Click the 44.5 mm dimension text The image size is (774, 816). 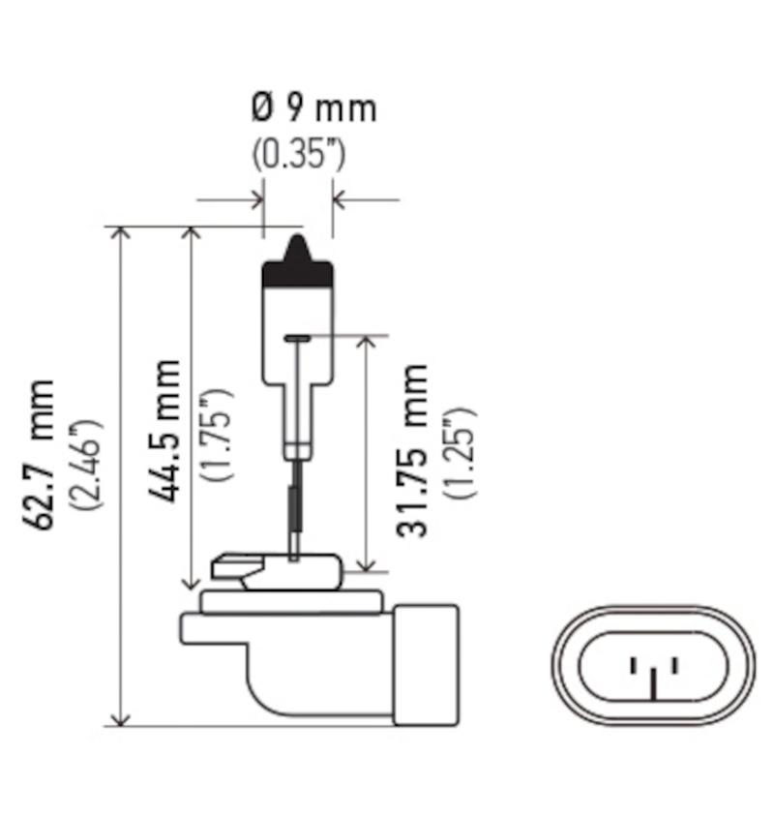pyautogui.click(x=165, y=430)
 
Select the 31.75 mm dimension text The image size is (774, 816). pyautogui.click(x=412, y=449)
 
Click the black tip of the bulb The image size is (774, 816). pyautogui.click(x=298, y=263)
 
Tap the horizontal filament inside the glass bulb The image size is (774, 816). pyautogui.click(x=297, y=338)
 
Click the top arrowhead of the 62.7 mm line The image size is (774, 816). pyautogui.click(x=120, y=234)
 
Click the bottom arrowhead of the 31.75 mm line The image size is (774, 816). pyautogui.click(x=366, y=564)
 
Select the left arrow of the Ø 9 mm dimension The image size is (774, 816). pyautogui.click(x=255, y=200)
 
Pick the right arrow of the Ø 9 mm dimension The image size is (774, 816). pyautogui.click(x=340, y=200)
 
